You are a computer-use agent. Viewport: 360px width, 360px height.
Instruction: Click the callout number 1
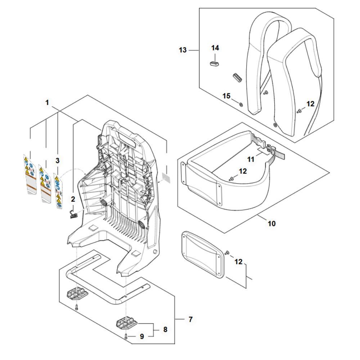(47, 103)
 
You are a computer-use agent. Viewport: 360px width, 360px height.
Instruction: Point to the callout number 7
(190, 319)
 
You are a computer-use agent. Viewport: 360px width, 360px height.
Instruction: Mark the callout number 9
(142, 336)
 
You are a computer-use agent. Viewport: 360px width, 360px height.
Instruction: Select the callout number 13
(183, 50)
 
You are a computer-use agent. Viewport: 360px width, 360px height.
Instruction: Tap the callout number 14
(215, 48)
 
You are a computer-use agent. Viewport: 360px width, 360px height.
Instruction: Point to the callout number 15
(226, 96)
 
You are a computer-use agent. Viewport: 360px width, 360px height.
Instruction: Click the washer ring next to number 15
(241, 104)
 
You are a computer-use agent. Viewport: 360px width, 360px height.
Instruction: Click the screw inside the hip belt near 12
(230, 179)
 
